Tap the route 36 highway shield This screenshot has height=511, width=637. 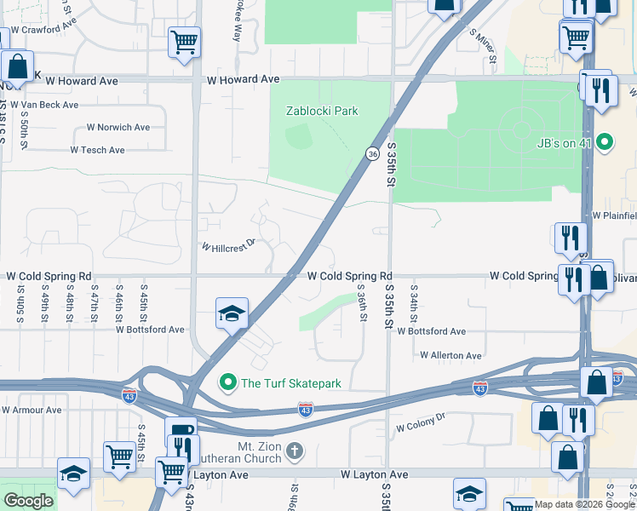[x=373, y=153]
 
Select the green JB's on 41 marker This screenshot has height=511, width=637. [x=605, y=141]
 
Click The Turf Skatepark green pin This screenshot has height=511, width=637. [x=227, y=383]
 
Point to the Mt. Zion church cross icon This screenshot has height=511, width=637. [x=294, y=450]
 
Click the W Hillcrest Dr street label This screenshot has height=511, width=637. [x=228, y=245]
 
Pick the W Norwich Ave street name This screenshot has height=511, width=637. [x=118, y=128]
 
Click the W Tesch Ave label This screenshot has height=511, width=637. [x=97, y=150]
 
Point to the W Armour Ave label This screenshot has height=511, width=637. [x=32, y=410]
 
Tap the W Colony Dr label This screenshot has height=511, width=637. [x=421, y=420]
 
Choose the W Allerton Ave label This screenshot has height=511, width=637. [x=450, y=355]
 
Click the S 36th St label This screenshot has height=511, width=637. [x=363, y=303]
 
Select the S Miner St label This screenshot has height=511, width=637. [x=482, y=46]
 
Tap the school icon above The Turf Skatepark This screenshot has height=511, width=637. [x=232, y=314]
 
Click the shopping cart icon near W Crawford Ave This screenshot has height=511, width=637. [x=184, y=41]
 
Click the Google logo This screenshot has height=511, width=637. [x=28, y=501]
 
